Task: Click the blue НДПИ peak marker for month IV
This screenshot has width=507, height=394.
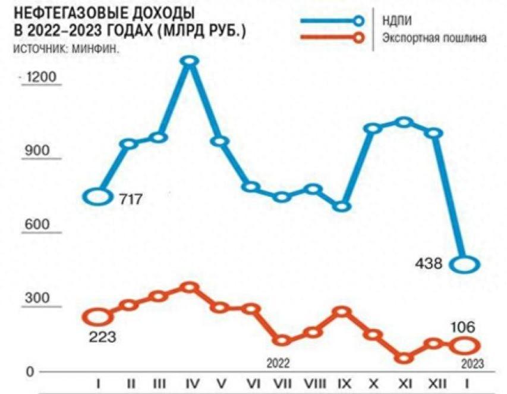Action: coord(190,61)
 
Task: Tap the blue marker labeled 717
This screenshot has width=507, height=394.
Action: coord(98,196)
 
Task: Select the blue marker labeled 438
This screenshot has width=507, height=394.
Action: coord(466,264)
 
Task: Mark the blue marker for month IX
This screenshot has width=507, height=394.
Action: coord(342,206)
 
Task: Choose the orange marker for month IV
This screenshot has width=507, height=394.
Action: coord(190,287)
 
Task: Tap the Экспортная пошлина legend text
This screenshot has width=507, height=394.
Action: coord(433,38)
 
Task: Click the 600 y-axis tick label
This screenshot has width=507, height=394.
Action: coord(37,227)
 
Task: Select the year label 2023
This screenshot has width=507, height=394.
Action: coord(472,364)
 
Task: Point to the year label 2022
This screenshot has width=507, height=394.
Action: coord(278,362)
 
